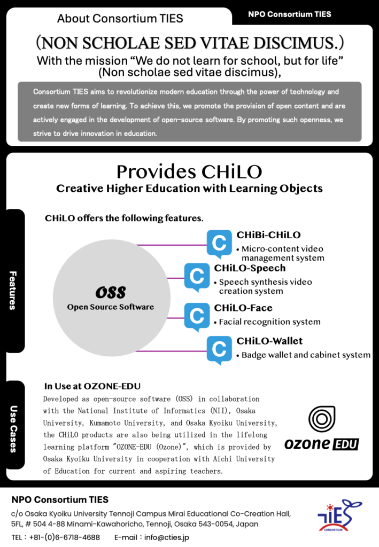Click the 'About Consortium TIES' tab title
[x=120, y=19]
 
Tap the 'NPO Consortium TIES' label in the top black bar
[x=289, y=14]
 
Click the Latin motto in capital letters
[x=189, y=42]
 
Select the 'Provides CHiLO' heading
[x=189, y=171]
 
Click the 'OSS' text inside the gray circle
[x=111, y=292]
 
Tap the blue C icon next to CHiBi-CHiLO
[x=219, y=244]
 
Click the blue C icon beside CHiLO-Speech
[x=197, y=277]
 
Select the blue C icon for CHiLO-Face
[x=197, y=315]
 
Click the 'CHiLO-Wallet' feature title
[x=269, y=341]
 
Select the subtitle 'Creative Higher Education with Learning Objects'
[x=189, y=189]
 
